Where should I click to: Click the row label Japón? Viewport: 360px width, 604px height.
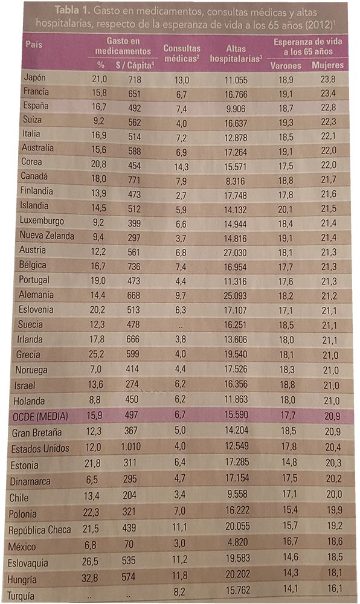pyautogui.click(x=34, y=77)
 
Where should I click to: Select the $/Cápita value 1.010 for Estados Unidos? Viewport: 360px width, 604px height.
pyautogui.click(x=130, y=447)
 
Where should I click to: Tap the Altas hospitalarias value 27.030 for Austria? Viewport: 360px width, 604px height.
pyautogui.click(x=235, y=252)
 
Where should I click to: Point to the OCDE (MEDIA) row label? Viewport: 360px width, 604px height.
pyautogui.click(x=40, y=416)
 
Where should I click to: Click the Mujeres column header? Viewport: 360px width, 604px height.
pyautogui.click(x=327, y=65)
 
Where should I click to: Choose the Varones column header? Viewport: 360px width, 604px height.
pyautogui.click(x=286, y=65)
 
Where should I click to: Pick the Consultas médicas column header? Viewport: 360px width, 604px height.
pyautogui.click(x=182, y=54)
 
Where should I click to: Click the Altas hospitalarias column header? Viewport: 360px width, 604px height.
pyautogui.click(x=236, y=54)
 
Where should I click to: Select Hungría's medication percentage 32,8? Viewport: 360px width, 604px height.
pyautogui.click(x=90, y=578)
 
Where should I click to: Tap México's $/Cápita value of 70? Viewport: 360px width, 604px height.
pyautogui.click(x=129, y=544)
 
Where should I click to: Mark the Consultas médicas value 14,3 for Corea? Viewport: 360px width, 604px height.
pyautogui.click(x=182, y=167)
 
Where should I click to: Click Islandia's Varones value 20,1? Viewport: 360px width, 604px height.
pyautogui.click(x=285, y=209)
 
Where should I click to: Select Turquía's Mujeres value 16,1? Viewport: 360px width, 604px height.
pyautogui.click(x=335, y=588)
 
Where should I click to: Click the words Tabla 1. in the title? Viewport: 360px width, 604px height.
pyautogui.click(x=72, y=10)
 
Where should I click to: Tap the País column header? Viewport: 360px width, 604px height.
pyautogui.click(x=34, y=44)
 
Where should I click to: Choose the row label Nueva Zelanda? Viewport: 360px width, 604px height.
pyautogui.click(x=47, y=236)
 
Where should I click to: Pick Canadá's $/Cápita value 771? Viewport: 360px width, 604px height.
pyautogui.click(x=134, y=180)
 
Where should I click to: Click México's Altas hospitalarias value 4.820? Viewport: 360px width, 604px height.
pyautogui.click(x=238, y=542)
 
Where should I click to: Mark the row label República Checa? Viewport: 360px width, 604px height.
pyautogui.click(x=40, y=530)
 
